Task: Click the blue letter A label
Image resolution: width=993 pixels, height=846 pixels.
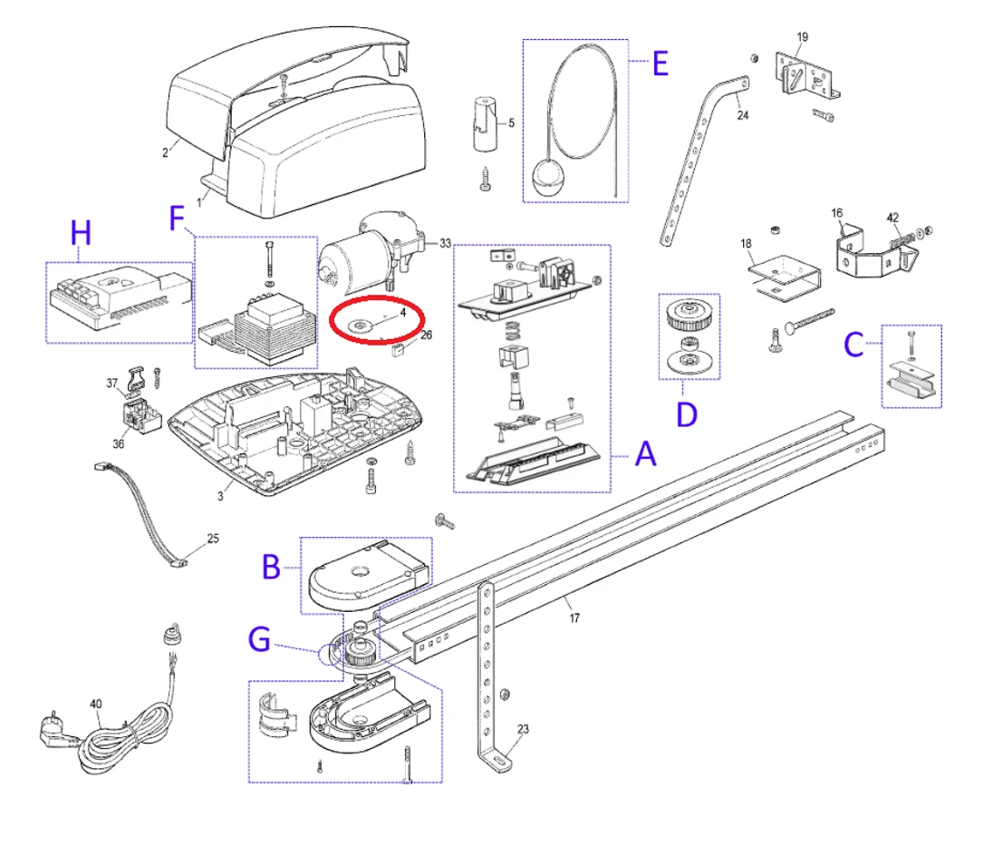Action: (x=644, y=453)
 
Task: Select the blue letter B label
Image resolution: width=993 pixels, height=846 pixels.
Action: (x=271, y=568)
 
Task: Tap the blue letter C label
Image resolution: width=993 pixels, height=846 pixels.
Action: (x=853, y=345)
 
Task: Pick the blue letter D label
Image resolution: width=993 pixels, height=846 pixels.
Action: (x=688, y=414)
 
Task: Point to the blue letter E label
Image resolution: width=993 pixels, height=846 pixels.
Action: (x=659, y=63)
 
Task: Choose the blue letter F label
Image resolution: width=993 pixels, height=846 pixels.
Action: (x=178, y=219)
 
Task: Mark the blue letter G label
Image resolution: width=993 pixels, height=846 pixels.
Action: (x=260, y=641)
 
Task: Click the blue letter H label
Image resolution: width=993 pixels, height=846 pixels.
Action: (x=82, y=234)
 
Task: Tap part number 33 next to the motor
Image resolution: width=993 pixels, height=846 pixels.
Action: (x=444, y=243)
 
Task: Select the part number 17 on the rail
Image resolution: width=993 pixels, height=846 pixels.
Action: (x=574, y=618)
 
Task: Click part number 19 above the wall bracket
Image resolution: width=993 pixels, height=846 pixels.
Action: (x=802, y=37)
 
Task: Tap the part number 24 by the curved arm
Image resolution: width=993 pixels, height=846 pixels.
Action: (x=743, y=115)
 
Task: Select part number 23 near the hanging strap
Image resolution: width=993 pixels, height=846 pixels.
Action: (x=523, y=728)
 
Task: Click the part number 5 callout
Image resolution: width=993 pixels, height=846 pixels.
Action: (x=510, y=122)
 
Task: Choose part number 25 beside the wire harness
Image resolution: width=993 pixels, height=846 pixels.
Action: (x=213, y=538)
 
